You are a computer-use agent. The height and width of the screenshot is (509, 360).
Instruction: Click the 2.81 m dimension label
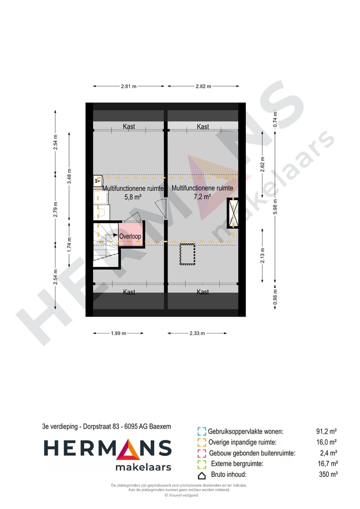tap(128, 86)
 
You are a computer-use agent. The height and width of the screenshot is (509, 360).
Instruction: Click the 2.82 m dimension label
tap(203, 86)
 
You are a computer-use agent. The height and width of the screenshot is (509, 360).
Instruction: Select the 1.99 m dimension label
tap(118, 333)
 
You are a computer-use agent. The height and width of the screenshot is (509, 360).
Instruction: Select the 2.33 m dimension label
tap(196, 333)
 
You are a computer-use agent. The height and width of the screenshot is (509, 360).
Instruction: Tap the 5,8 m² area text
tap(133, 197)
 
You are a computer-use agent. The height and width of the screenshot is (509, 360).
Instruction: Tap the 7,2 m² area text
tap(202, 196)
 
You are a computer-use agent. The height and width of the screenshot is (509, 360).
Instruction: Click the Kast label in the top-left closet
tap(129, 127)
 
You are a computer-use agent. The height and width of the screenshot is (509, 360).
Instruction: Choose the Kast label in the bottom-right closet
tap(202, 292)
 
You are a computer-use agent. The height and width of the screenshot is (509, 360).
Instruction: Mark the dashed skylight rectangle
tap(187, 253)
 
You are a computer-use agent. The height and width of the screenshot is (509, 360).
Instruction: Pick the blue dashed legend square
tap(202, 431)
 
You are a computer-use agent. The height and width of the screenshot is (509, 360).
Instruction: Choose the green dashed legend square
tap(202, 464)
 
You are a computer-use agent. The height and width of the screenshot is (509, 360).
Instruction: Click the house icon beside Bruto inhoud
tap(202, 475)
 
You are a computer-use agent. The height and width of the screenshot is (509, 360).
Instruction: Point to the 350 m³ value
tap(328, 475)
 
